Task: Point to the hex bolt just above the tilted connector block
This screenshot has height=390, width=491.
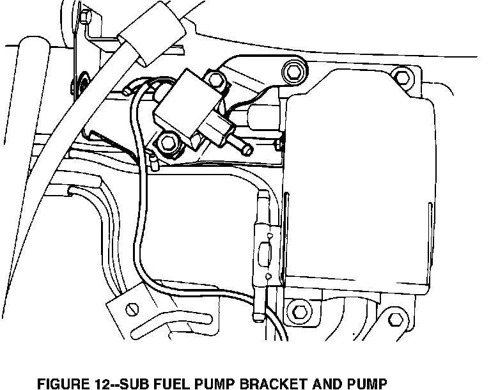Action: pyautogui.click(x=215, y=79)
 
